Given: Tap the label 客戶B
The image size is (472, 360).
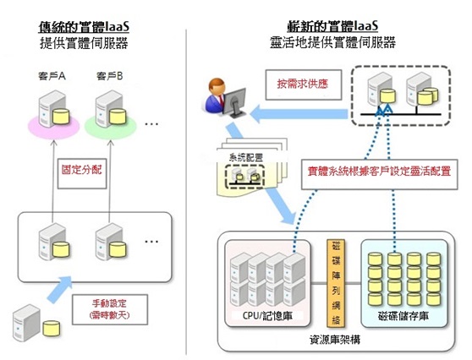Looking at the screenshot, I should click(110, 78).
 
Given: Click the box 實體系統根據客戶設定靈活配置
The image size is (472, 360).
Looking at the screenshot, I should click(378, 169).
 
